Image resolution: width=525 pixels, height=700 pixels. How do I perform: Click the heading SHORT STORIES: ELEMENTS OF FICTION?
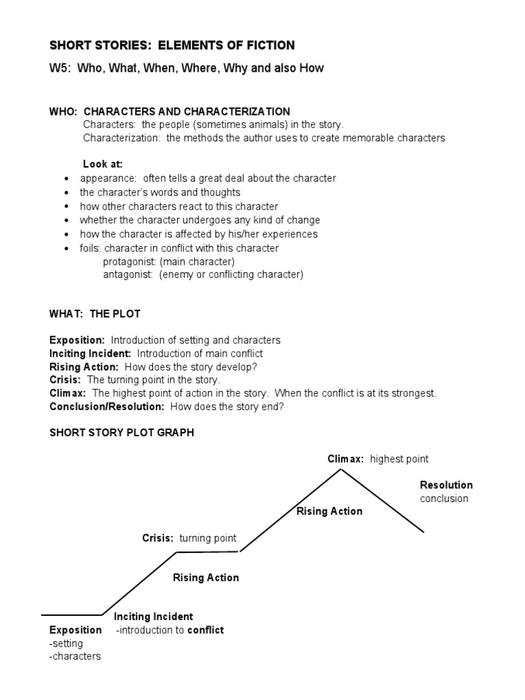[172, 46]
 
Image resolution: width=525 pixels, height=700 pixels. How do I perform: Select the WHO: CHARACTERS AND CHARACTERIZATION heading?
[170, 111]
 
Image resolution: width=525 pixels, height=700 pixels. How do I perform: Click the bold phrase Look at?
[103, 164]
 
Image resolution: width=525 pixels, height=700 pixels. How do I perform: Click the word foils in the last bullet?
[90, 248]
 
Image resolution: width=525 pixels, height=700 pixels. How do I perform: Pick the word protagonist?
[128, 262]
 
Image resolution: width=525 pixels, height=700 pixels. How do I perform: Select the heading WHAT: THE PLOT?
[95, 314]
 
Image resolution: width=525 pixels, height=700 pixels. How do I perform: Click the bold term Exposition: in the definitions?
[77, 340]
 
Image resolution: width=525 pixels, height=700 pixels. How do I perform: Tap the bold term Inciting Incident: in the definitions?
[90, 353]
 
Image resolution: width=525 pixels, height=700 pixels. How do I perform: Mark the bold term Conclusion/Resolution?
[107, 406]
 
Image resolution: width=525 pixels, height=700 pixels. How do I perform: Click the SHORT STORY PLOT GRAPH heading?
[122, 433]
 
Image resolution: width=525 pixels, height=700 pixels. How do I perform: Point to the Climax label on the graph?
[345, 459]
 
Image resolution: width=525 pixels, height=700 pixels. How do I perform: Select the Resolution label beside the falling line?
[446, 485]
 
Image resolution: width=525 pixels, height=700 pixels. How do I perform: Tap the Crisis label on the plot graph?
[157, 538]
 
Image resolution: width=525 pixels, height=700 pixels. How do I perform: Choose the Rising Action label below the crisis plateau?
[206, 578]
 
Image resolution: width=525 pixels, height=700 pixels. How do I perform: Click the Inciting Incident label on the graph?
[153, 617]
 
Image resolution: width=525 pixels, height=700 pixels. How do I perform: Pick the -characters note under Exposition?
[75, 656]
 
